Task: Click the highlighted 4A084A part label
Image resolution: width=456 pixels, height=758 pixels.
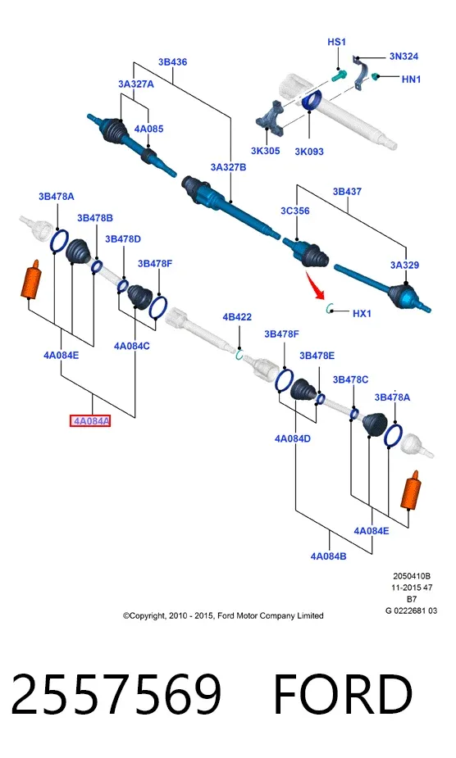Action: click(x=90, y=421)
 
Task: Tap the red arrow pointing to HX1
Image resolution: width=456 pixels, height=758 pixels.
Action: click(x=315, y=285)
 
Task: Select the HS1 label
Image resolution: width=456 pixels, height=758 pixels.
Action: click(x=337, y=42)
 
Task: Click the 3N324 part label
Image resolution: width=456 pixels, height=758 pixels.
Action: click(x=404, y=56)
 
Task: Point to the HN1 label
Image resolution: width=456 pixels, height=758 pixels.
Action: click(x=411, y=79)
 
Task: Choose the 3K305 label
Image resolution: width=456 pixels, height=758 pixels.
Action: click(x=265, y=151)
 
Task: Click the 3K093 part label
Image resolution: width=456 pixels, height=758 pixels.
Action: click(x=309, y=152)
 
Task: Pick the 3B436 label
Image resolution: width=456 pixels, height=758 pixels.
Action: click(x=172, y=62)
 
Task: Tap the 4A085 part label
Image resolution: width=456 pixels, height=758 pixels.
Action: click(x=148, y=129)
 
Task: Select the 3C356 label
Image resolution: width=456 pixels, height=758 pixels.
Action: click(x=294, y=211)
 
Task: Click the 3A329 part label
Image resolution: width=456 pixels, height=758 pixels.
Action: click(x=404, y=265)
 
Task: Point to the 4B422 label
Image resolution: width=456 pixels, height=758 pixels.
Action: click(x=237, y=317)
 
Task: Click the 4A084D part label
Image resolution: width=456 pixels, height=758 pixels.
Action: click(x=293, y=438)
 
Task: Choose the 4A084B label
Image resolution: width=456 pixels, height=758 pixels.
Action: click(x=328, y=556)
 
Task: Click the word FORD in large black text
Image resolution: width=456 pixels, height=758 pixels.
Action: click(x=343, y=694)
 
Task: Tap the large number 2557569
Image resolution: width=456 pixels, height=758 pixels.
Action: click(x=116, y=694)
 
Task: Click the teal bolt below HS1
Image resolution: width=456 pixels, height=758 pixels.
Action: click(x=340, y=75)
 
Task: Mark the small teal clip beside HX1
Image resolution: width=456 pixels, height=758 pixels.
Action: click(x=331, y=308)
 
